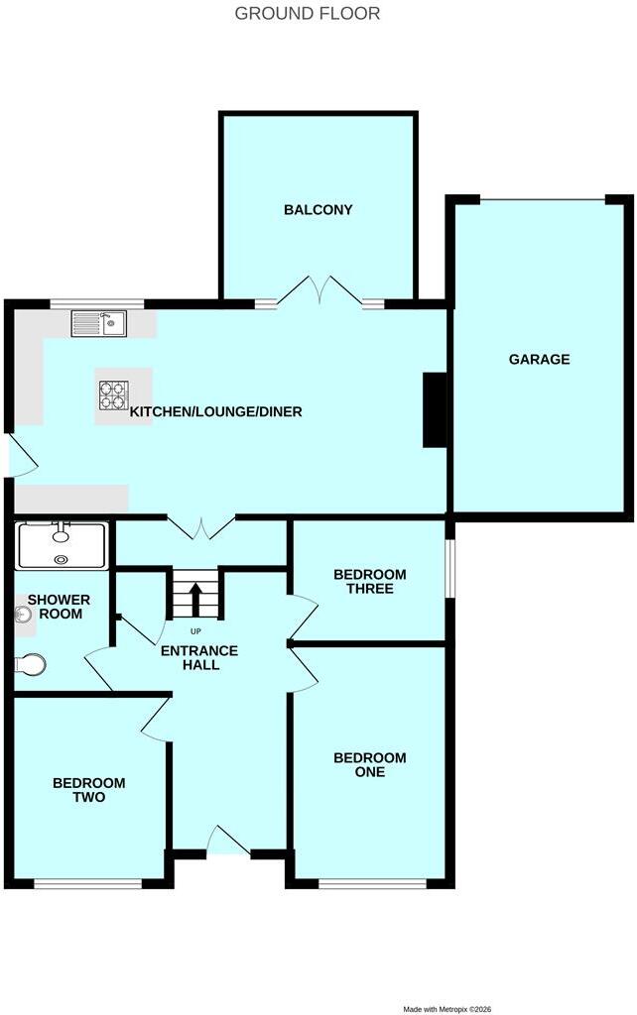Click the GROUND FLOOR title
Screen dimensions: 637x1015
pos(308,14)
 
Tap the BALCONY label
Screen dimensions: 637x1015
pos(318,210)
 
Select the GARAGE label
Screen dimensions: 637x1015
pos(539,359)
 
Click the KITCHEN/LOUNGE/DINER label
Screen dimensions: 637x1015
pos(215,411)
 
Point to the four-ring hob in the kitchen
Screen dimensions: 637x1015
pos(113,395)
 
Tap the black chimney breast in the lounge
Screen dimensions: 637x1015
pos(435,409)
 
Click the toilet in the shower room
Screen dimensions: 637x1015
pos(31,664)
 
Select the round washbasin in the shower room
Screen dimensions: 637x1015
pos(24,615)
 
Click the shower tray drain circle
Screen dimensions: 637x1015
pos(61,559)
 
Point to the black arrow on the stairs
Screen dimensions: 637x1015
pos(195,598)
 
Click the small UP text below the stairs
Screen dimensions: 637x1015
pos(195,631)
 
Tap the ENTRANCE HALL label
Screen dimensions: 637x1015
pos(199,658)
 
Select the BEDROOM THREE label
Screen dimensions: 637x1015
pos(370,581)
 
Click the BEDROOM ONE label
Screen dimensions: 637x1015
pos(370,764)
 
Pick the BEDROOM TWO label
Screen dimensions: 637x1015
pos(88,790)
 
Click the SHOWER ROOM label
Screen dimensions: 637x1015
pos(59,608)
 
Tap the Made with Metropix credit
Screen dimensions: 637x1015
pos(447,1009)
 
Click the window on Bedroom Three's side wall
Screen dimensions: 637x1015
pos(450,568)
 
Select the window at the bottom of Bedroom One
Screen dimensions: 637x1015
pos(373,883)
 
